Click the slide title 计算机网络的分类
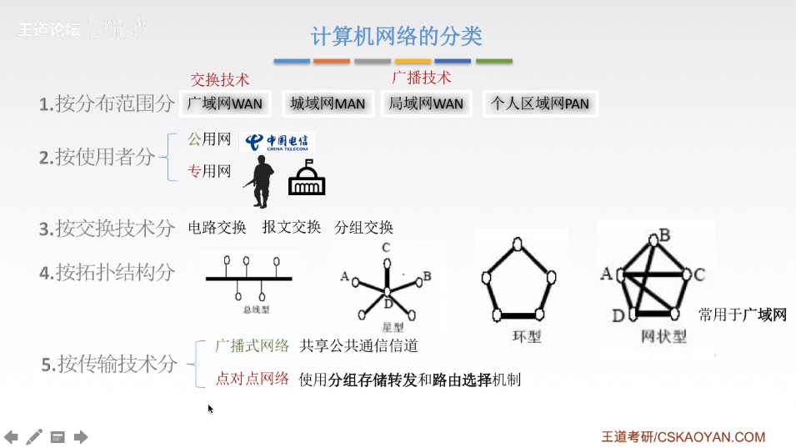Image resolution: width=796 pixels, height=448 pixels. pyautogui.click(x=396, y=36)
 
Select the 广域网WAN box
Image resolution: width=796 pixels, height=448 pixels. pyautogui.click(x=224, y=103)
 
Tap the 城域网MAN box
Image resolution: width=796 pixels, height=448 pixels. pyautogui.click(x=328, y=103)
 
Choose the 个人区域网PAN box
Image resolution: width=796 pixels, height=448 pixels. pyautogui.click(x=539, y=103)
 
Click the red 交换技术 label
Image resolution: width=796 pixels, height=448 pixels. pyautogui.click(x=220, y=80)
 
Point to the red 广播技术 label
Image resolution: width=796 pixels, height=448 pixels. pyautogui.click(x=421, y=78)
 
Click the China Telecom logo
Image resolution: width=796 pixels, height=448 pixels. pyautogui.click(x=278, y=142)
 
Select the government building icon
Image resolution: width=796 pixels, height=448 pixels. pyautogui.click(x=306, y=178)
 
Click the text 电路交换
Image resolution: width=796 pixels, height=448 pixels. pyautogui.click(x=218, y=227)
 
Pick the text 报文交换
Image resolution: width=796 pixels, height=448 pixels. pyautogui.click(x=291, y=227)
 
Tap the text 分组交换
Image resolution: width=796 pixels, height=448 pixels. pyautogui.click(x=363, y=227)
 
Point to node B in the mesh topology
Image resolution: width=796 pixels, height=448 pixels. pyautogui.click(x=664, y=236)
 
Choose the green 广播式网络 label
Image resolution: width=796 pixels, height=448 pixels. pyautogui.click(x=253, y=345)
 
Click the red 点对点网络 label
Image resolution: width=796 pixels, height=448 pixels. pyautogui.click(x=253, y=379)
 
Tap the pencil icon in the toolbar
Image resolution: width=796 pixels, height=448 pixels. pyautogui.click(x=34, y=436)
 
